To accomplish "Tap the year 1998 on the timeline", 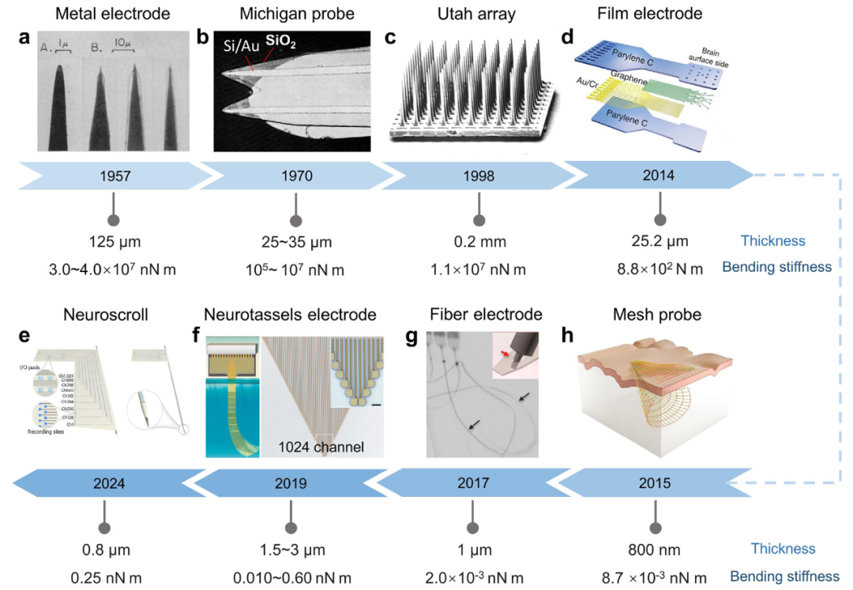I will click(476, 176).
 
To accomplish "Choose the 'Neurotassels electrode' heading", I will click(290, 314).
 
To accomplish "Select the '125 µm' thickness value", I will click(108, 242).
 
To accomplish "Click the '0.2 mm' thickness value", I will click(476, 242).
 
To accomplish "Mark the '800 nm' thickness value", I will click(655, 549).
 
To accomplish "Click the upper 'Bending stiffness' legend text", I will click(777, 267).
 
